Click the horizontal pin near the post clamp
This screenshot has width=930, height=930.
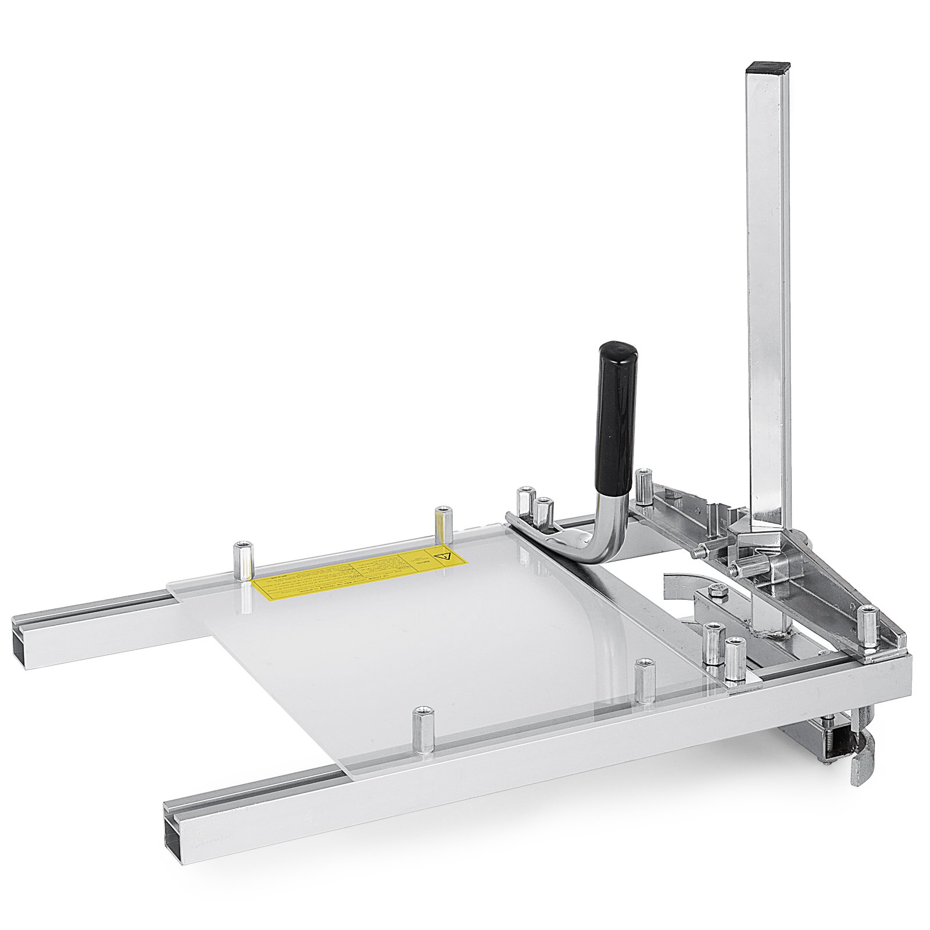(756, 566)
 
